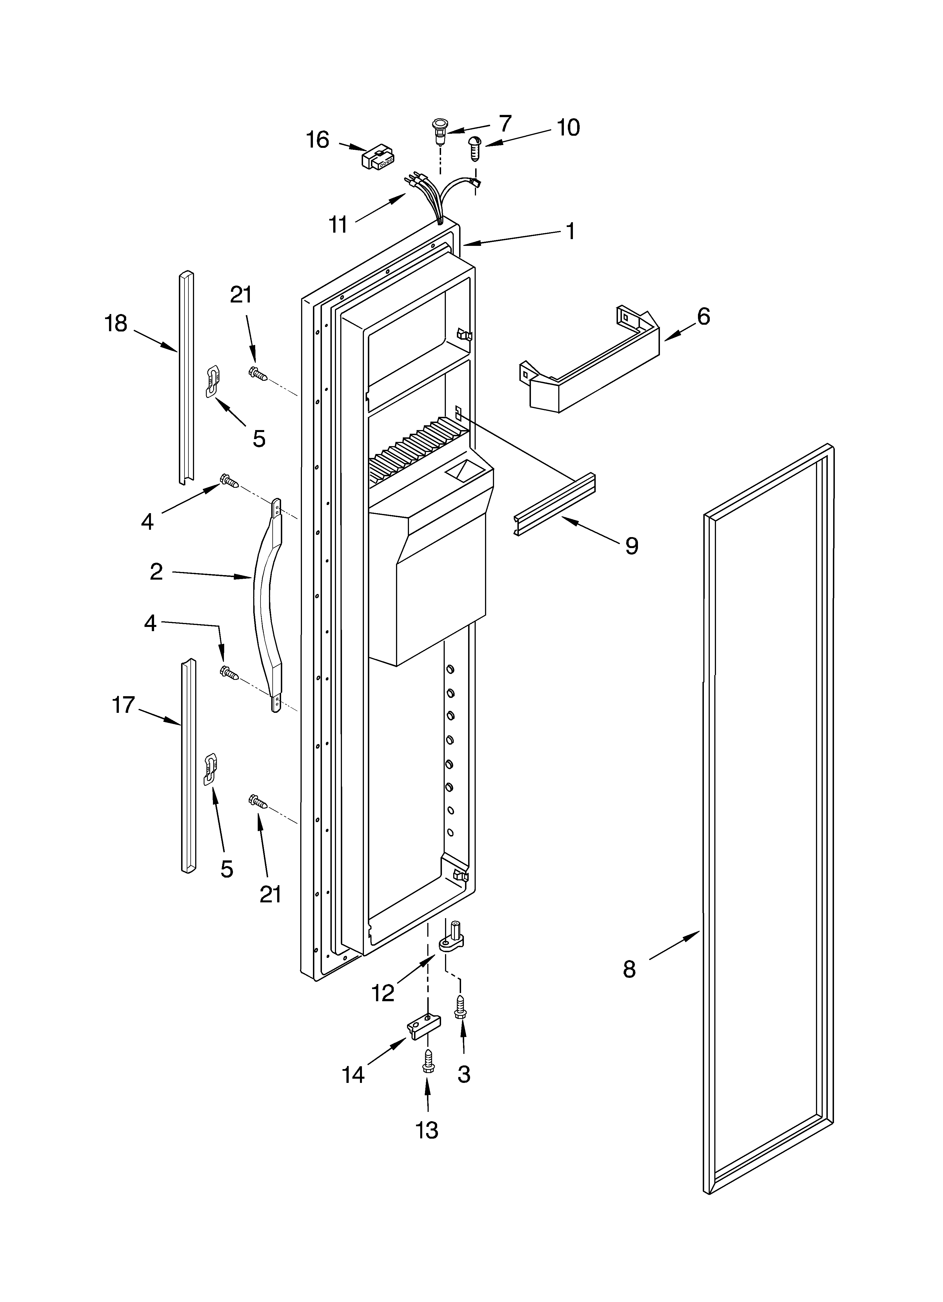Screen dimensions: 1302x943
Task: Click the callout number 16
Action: (318, 139)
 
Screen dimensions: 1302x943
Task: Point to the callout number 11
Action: (339, 224)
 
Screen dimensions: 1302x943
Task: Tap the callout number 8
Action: (630, 970)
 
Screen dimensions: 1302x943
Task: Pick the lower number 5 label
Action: (227, 870)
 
